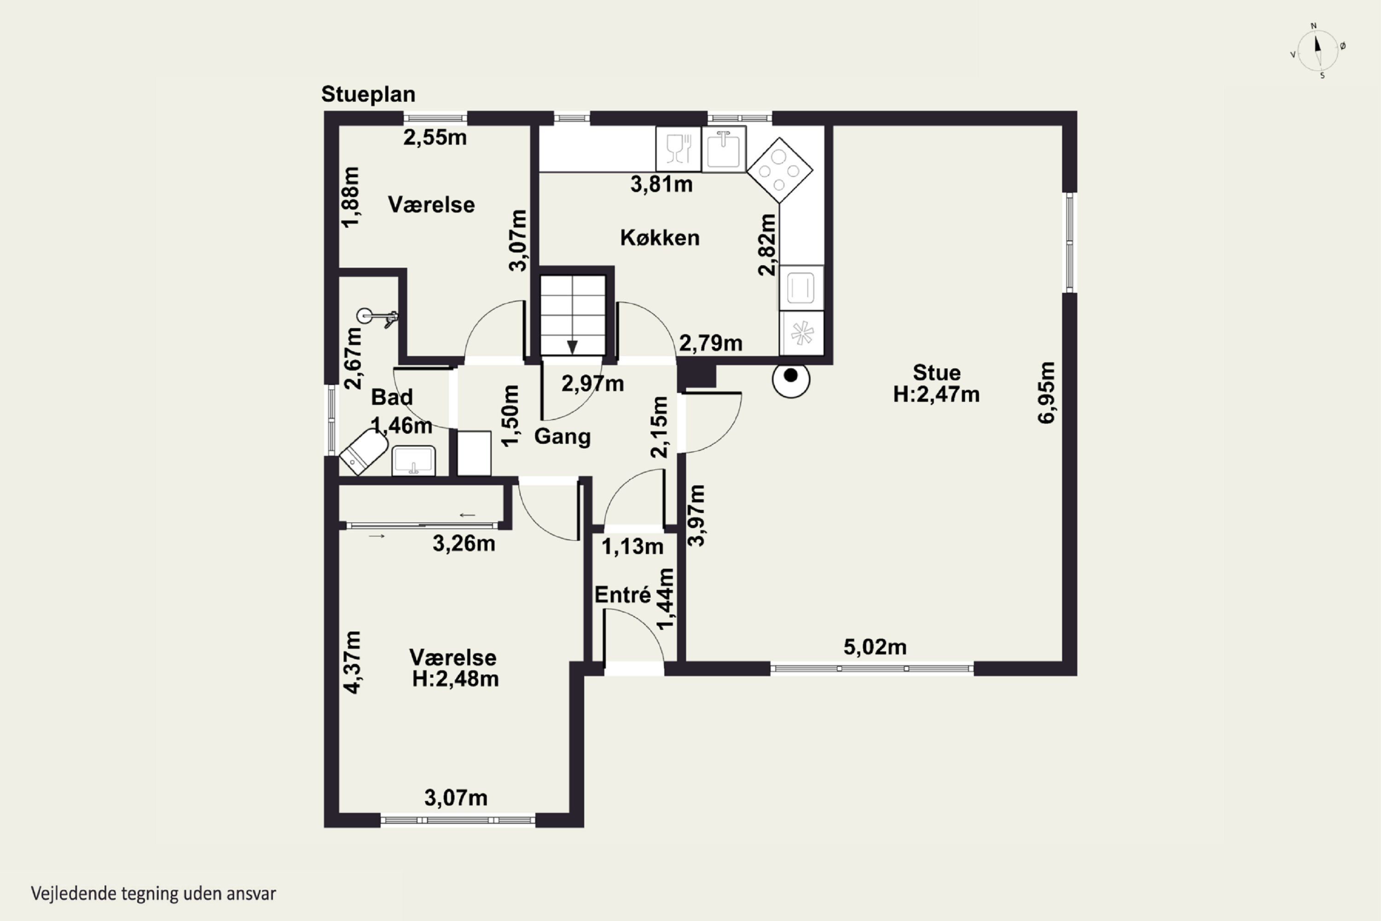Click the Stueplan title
(x=368, y=94)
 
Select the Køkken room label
(x=660, y=238)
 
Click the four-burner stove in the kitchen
(x=780, y=170)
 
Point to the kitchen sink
(x=723, y=149)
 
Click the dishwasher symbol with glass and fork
(x=679, y=149)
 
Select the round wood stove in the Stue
(x=791, y=379)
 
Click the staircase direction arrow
(x=572, y=347)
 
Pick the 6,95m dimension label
(x=1046, y=392)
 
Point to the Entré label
(x=622, y=595)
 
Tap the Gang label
(x=562, y=437)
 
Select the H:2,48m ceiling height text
(x=455, y=679)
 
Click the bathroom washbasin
(x=414, y=460)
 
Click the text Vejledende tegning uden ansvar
(x=153, y=893)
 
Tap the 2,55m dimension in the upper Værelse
(x=435, y=137)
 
